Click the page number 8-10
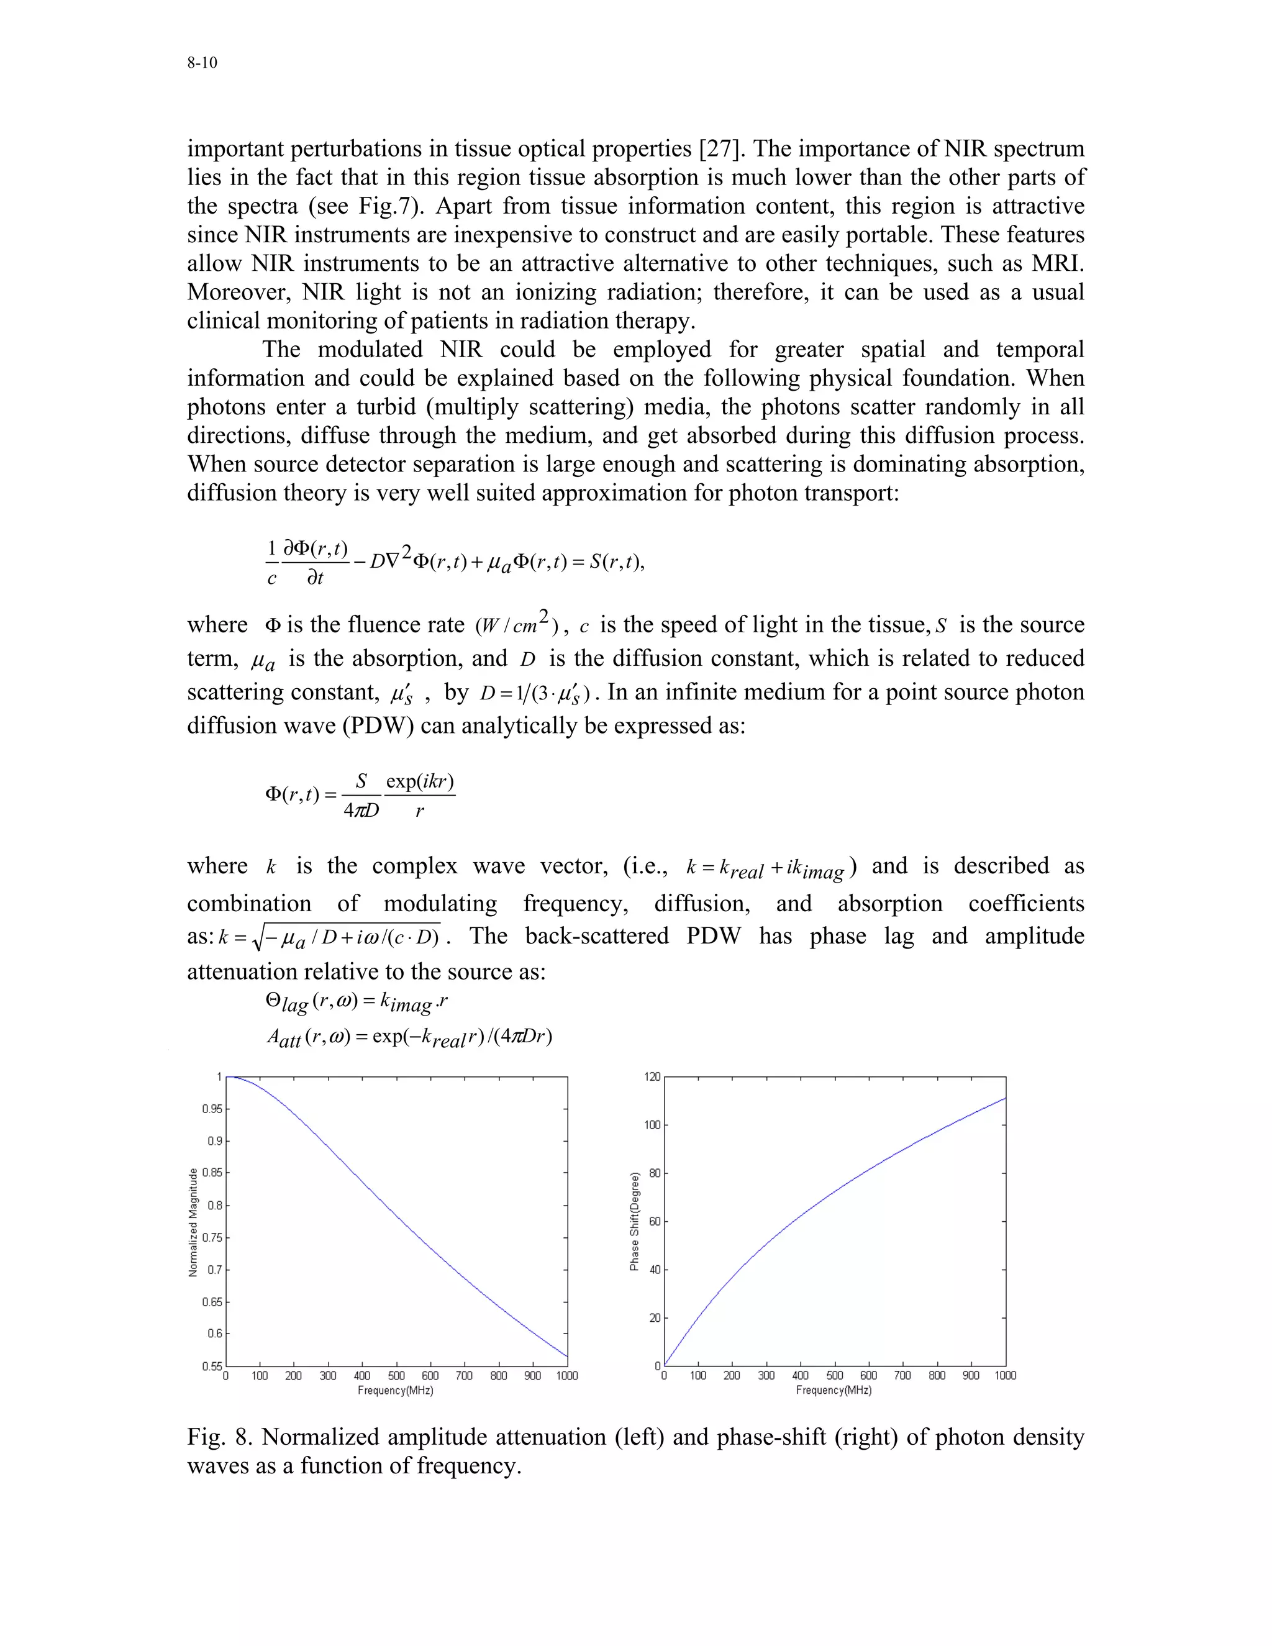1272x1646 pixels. tap(202, 63)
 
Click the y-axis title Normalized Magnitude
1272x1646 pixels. tap(194, 1222)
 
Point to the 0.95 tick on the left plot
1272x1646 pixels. tap(212, 1109)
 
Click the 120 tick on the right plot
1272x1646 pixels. tap(652, 1077)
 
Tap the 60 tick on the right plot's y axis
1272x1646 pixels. tap(655, 1221)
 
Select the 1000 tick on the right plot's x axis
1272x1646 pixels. tap(1006, 1375)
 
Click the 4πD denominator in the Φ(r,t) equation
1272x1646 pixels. tap(361, 811)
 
